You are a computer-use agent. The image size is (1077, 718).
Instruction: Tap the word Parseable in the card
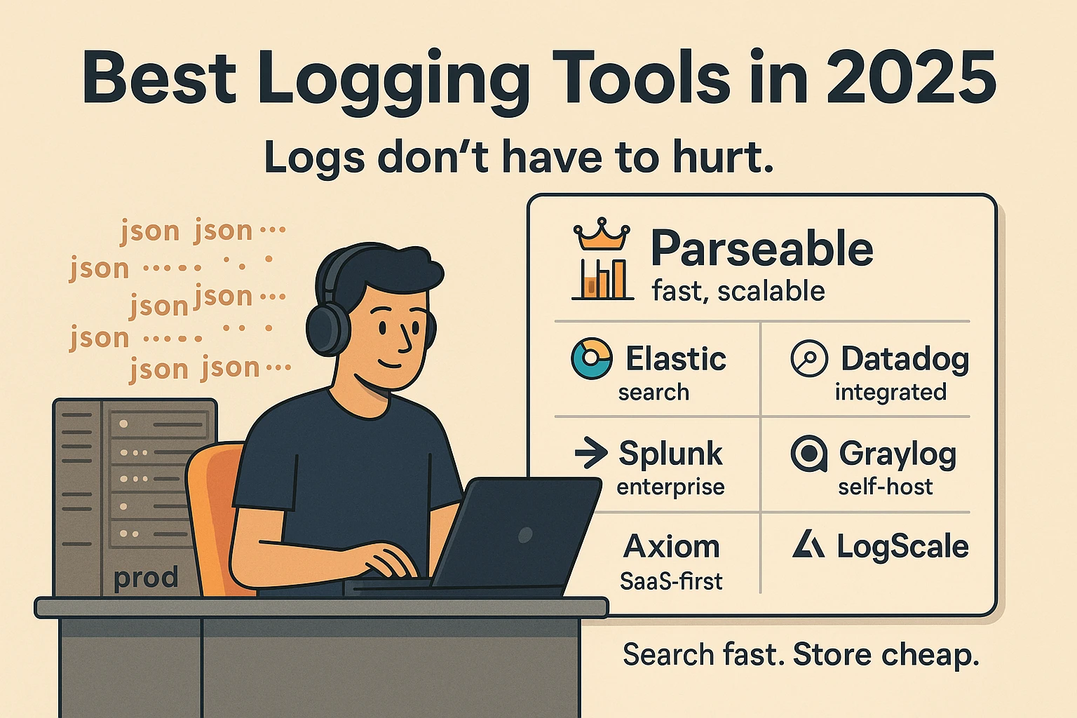coord(761,248)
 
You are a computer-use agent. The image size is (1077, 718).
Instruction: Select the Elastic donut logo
coord(591,358)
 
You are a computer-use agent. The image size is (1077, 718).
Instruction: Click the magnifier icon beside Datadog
coord(809,358)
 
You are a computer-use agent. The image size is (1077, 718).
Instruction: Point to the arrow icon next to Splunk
coord(590,453)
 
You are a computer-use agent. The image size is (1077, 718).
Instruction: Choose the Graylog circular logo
coord(808,454)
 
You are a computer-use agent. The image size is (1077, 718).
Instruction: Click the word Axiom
coord(671,547)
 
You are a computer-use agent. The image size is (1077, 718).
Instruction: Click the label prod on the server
coord(146,578)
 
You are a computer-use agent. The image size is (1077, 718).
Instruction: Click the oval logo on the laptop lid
coord(524,536)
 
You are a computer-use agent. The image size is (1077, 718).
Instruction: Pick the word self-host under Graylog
coord(885,487)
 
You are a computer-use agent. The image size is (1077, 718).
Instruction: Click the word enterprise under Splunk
coord(670,487)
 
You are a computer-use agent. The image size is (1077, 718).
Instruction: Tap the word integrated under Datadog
coord(890,392)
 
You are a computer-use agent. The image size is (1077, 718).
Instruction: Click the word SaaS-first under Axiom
coord(671,581)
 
